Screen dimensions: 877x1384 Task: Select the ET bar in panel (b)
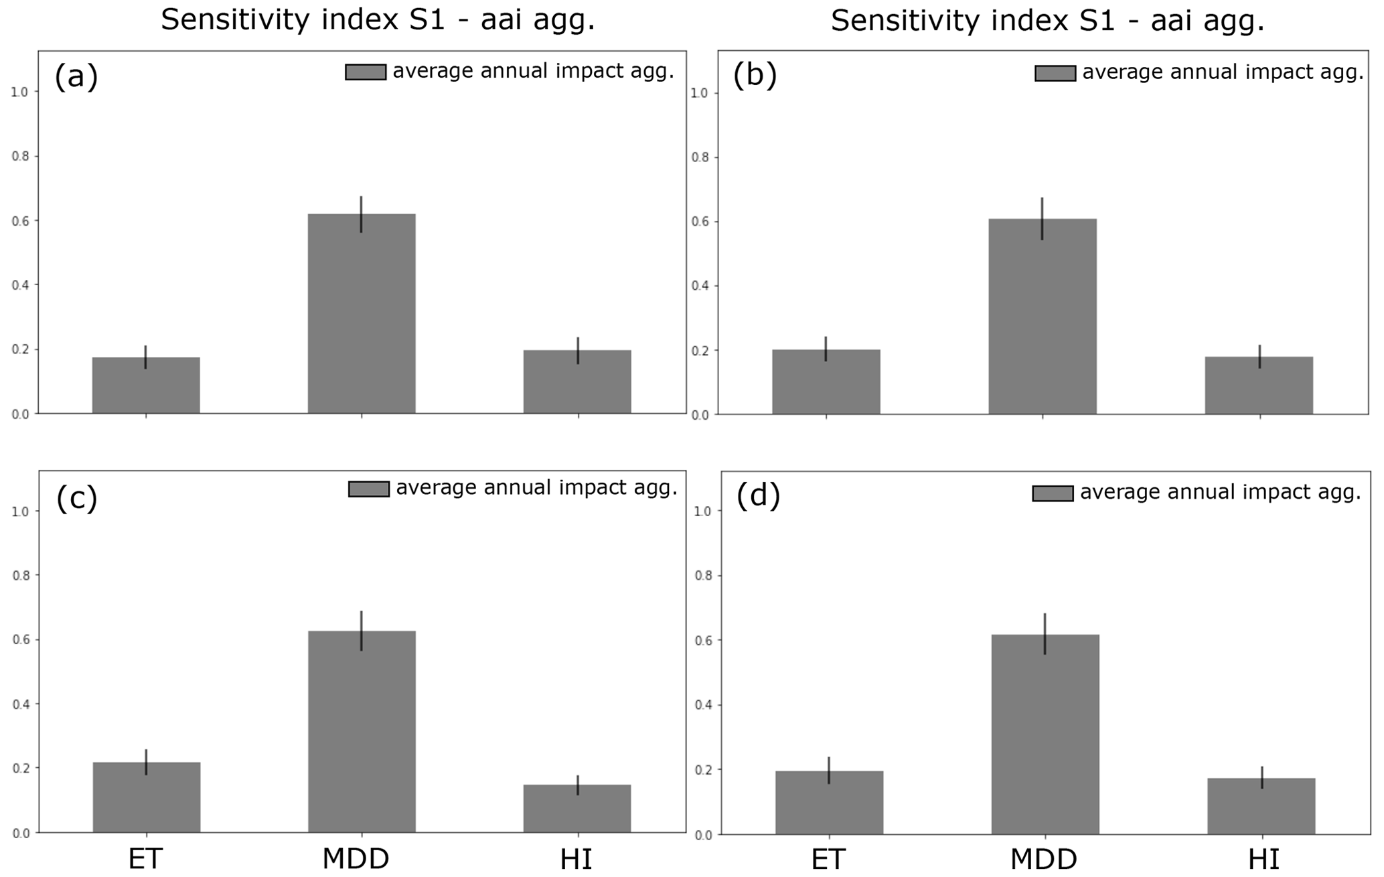pos(826,382)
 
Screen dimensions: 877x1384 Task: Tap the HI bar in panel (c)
pos(577,808)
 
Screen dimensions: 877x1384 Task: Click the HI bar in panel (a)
pos(577,382)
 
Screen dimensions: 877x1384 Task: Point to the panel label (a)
pos(76,76)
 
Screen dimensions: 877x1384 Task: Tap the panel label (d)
pos(758,495)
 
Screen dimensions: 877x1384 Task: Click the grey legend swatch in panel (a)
pos(366,72)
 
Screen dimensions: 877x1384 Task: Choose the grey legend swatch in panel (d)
pos(1053,493)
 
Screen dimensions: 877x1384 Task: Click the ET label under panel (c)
pos(145,859)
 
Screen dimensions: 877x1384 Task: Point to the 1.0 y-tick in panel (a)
pos(19,92)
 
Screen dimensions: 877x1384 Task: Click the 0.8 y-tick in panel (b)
pos(699,158)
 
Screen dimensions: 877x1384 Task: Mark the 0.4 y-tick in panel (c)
pos(20,704)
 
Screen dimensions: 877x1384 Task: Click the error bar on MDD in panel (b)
pos(1043,218)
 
